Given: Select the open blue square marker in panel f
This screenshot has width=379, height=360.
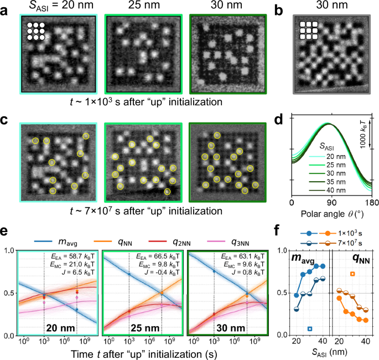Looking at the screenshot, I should point(310,328).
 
